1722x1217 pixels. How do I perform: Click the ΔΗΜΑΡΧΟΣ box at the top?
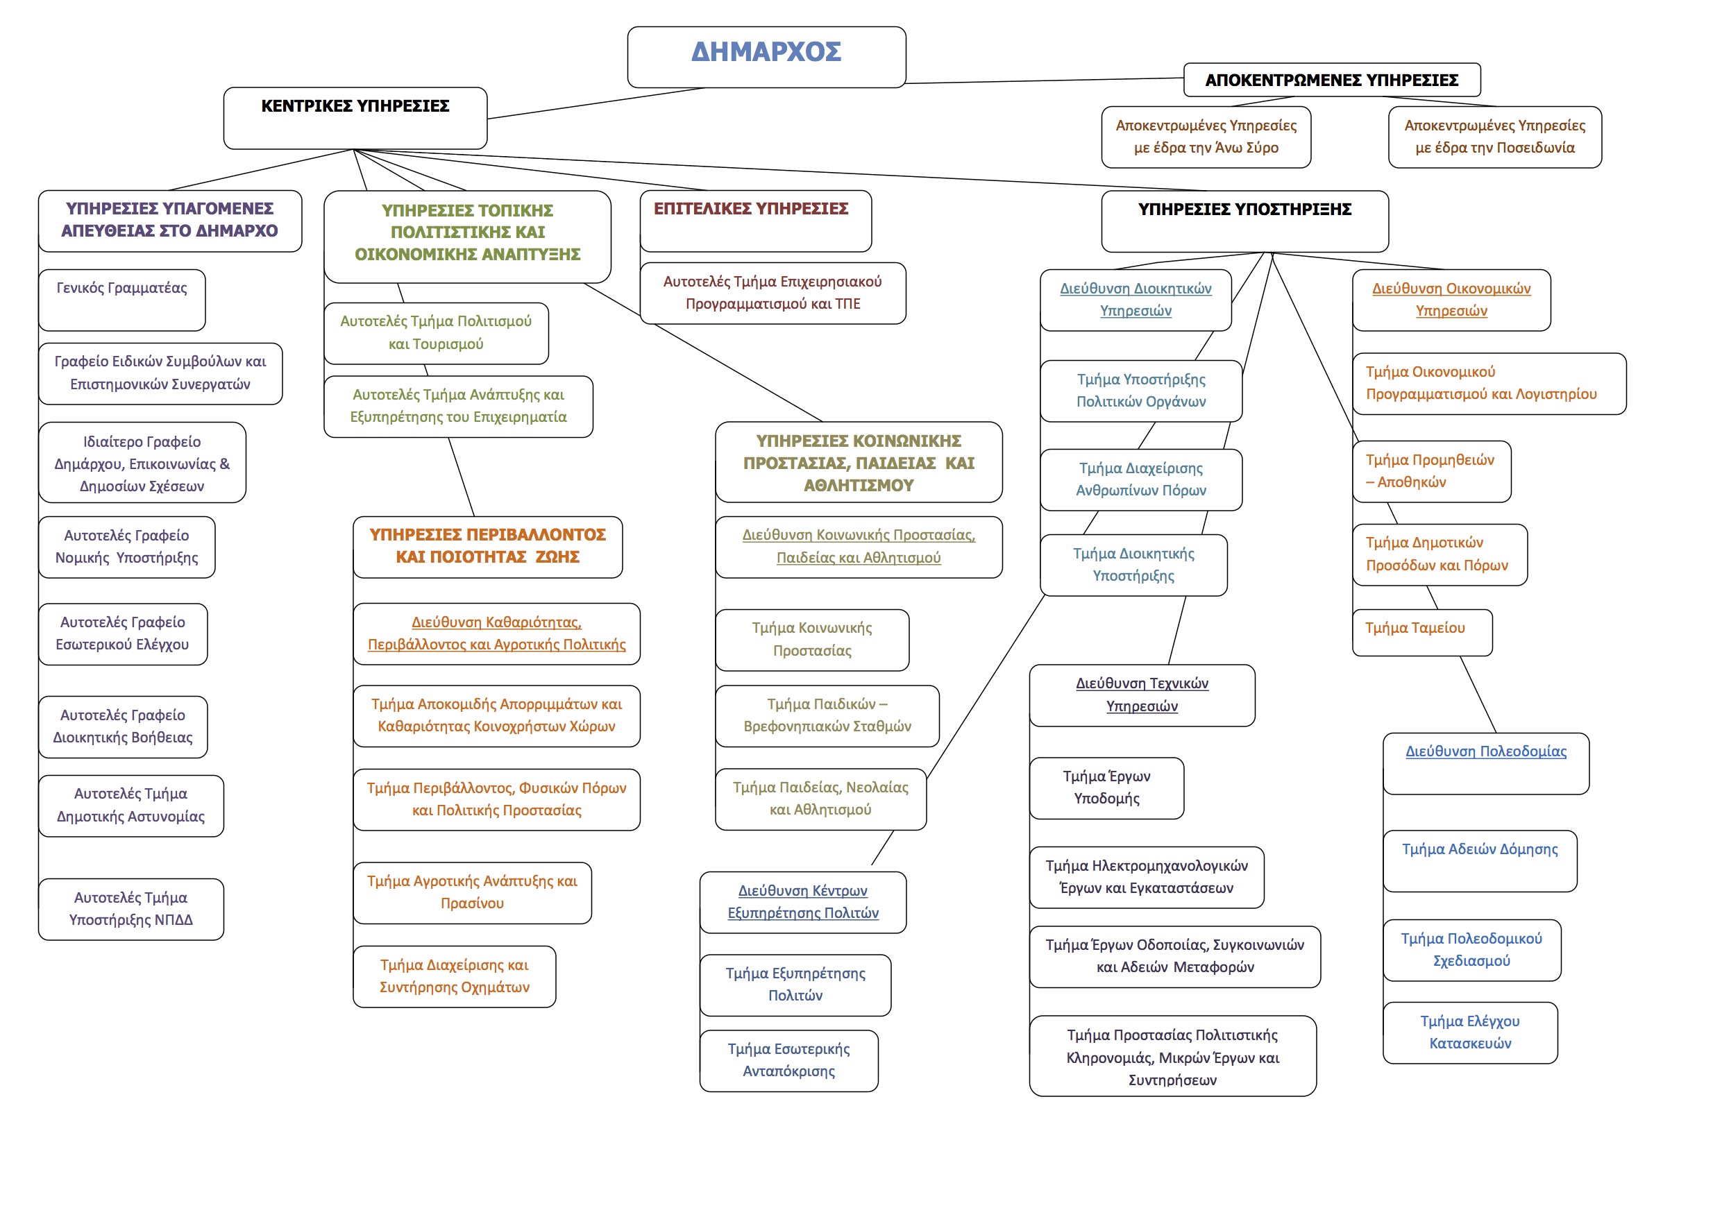766,56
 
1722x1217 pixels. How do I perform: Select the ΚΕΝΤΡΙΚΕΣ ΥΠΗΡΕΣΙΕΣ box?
355,118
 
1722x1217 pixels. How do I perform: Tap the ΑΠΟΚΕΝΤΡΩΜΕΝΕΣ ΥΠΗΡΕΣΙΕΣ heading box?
1331,80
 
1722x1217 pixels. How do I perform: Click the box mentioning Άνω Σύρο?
1205,137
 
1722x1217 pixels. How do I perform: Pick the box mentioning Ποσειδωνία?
1494,137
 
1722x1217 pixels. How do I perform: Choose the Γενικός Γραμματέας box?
121,299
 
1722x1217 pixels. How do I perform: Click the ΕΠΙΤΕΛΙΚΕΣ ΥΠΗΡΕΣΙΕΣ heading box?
755,221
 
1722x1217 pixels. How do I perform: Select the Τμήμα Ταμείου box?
1421,632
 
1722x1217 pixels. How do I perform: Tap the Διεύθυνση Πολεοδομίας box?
1485,763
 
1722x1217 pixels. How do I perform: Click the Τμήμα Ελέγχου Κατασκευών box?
1469,1032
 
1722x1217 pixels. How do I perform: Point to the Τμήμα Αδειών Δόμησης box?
1479,860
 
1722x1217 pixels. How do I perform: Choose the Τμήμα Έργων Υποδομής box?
1106,788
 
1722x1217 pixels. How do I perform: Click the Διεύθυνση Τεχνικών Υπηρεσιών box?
1142,695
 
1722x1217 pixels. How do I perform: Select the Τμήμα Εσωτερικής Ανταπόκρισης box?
788,1059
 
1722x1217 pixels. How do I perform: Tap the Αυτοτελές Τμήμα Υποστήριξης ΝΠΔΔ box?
130,908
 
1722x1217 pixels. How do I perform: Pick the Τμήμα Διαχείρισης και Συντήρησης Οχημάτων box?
454,976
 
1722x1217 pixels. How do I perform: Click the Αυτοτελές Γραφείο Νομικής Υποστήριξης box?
126,547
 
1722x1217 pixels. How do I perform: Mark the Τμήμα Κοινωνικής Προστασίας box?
811,639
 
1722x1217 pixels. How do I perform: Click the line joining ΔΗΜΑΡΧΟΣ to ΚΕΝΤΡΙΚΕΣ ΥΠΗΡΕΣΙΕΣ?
596,103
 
